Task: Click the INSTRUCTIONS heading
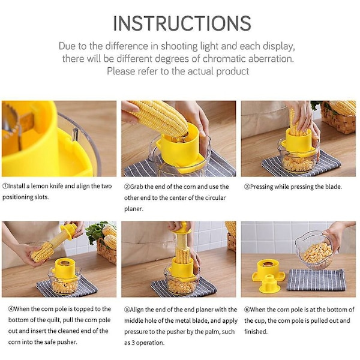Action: [182, 23]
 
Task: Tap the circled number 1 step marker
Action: [5, 186]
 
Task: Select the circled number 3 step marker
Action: [247, 187]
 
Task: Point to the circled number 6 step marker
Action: [247, 310]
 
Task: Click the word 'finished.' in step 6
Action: [256, 332]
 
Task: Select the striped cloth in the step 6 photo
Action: [316, 280]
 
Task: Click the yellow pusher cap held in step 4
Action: [69, 230]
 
